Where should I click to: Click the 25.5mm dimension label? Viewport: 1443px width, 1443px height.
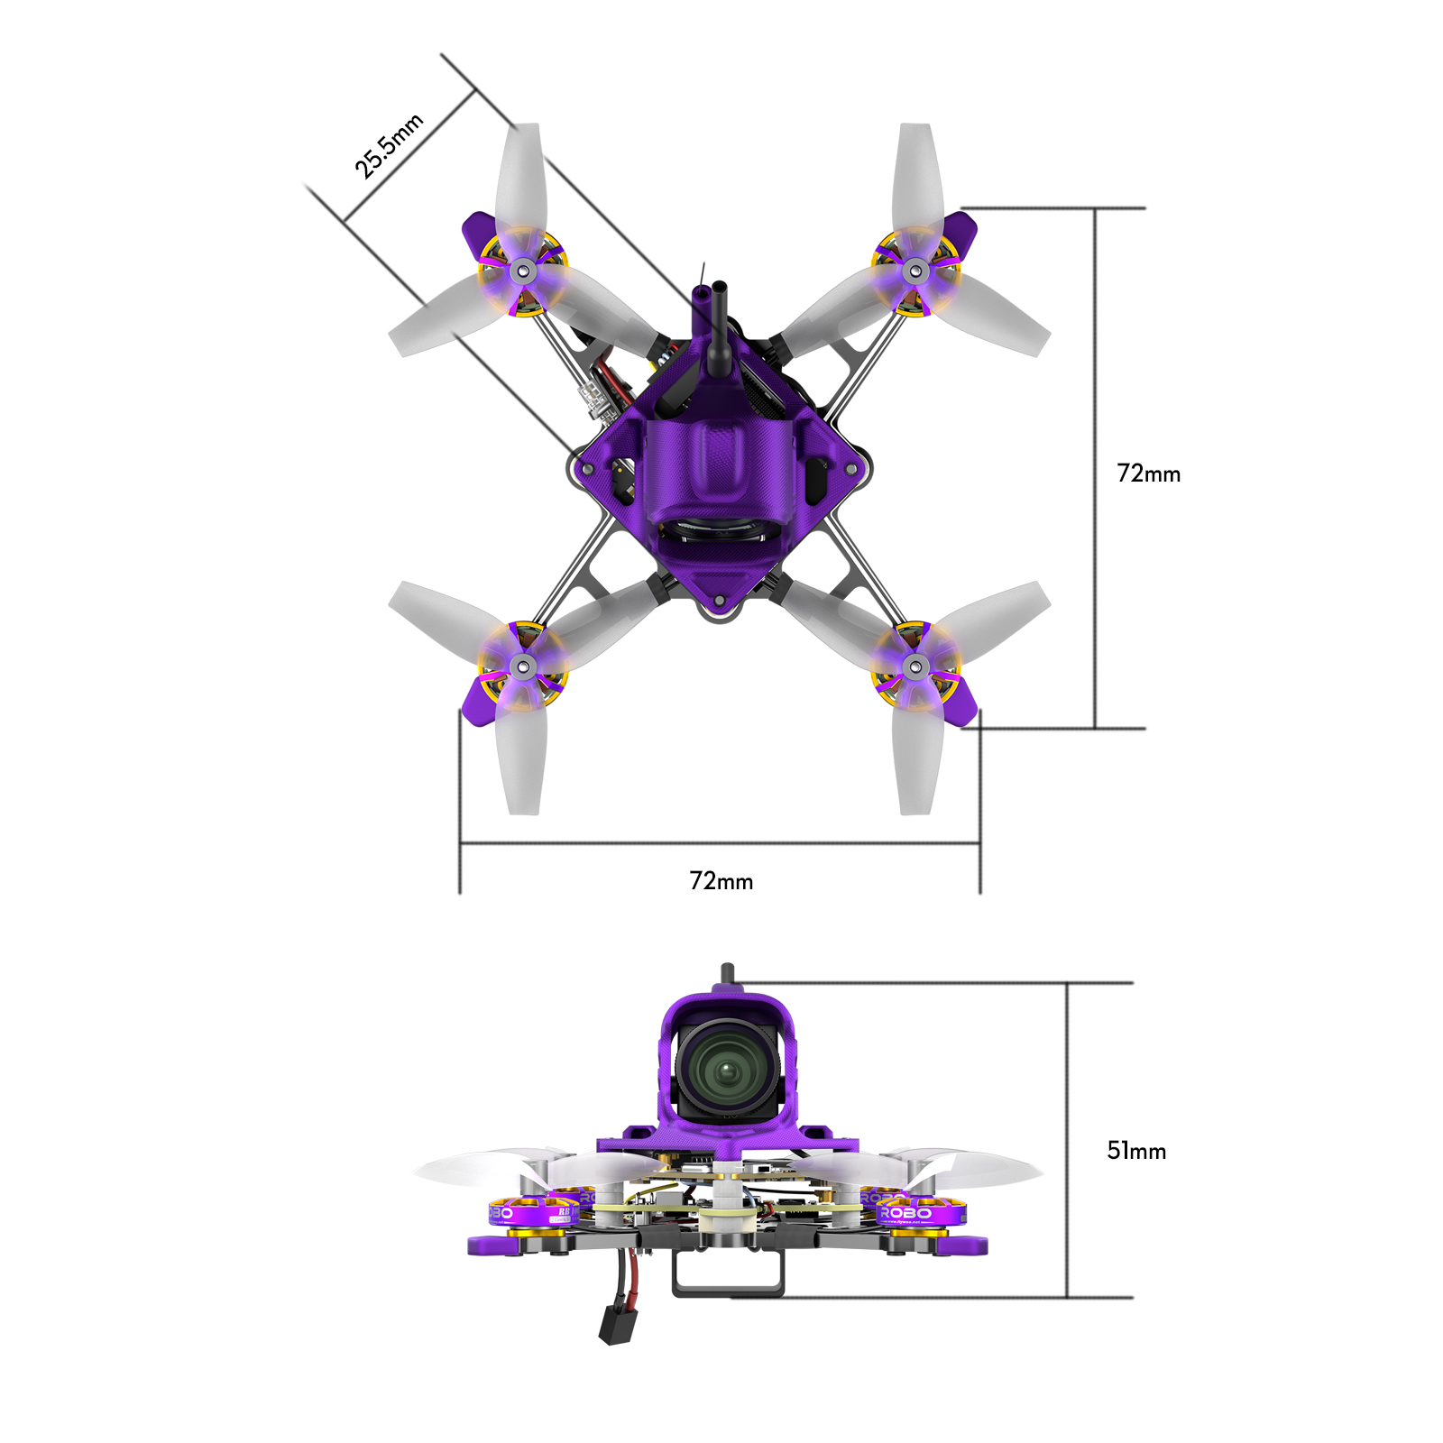click(388, 146)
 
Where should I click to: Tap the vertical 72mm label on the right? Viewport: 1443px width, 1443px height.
click(1148, 473)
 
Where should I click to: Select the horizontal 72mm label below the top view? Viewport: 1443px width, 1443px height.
click(721, 881)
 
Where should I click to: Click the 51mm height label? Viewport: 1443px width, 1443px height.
click(1135, 1151)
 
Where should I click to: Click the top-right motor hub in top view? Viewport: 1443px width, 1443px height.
click(915, 269)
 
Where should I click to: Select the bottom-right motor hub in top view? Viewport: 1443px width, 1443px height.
click(915, 667)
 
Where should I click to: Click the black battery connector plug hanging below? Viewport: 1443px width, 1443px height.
click(614, 1323)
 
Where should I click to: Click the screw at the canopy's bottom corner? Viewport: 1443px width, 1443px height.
click(720, 600)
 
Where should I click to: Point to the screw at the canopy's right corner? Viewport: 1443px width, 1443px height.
click(850, 469)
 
